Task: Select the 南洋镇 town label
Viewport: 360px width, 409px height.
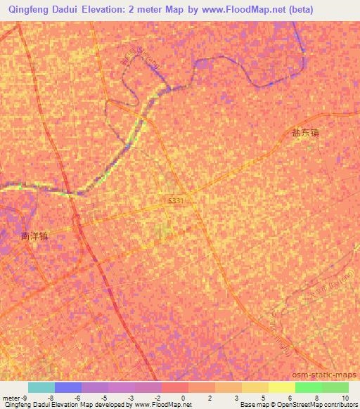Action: click(x=34, y=238)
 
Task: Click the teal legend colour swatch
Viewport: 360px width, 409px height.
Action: click(x=41, y=387)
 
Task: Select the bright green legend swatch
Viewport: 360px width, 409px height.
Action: click(x=308, y=387)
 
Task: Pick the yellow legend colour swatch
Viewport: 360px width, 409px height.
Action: click(x=255, y=387)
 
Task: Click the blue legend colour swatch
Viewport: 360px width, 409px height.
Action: click(x=68, y=387)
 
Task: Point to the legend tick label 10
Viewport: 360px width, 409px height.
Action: click(x=345, y=397)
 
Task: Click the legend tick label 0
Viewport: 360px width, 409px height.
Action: click(x=184, y=397)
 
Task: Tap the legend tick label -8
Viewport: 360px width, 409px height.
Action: click(x=51, y=397)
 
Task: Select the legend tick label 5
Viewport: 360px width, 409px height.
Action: click(x=264, y=397)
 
